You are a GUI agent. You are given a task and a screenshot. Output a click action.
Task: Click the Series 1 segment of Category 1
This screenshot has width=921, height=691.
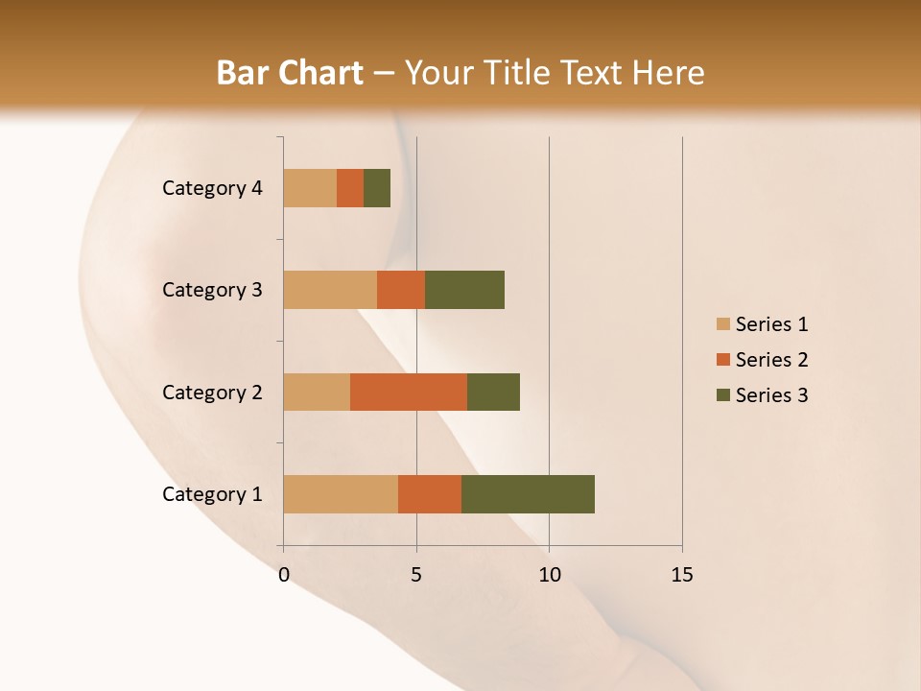[x=341, y=494]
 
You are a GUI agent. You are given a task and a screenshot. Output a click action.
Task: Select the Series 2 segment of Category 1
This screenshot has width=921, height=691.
[x=430, y=494]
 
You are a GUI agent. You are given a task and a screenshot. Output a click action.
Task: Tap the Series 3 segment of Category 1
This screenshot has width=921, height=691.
[x=528, y=494]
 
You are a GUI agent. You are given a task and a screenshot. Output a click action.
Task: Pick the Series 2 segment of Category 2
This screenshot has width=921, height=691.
[x=409, y=392]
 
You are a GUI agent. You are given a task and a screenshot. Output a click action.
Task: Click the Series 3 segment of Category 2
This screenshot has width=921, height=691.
[x=493, y=392]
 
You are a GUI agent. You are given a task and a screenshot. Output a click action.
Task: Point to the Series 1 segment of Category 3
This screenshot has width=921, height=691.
[x=330, y=290]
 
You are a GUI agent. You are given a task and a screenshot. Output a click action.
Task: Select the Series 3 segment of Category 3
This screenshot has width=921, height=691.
[x=464, y=290]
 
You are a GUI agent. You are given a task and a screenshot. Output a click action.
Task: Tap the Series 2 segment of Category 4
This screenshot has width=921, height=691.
[x=350, y=188]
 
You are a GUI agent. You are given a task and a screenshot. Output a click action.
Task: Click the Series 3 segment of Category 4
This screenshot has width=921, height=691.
[x=377, y=188]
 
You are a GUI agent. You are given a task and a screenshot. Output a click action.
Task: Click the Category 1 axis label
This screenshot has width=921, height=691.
[x=212, y=494]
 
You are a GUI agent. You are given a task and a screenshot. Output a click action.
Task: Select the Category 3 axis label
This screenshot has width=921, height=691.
[x=212, y=290]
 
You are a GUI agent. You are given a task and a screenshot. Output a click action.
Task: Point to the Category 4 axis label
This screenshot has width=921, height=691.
[x=212, y=188]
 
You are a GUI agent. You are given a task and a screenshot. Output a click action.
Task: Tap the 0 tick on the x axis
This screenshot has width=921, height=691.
[x=284, y=575]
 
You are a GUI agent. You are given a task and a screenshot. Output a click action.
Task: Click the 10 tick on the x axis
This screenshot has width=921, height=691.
[x=549, y=575]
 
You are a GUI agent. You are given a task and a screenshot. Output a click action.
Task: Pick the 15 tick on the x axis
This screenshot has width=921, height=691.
[x=682, y=575]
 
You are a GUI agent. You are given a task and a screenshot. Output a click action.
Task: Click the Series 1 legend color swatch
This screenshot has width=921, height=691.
[x=722, y=324]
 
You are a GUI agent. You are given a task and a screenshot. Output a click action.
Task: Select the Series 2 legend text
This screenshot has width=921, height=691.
[x=771, y=360]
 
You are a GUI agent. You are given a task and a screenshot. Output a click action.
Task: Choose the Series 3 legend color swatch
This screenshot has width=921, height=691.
[x=722, y=395]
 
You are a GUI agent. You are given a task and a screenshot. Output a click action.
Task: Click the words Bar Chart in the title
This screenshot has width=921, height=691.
[x=290, y=73]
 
